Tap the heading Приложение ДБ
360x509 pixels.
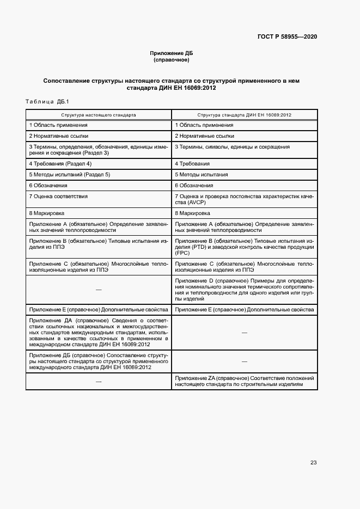[x=172, y=53]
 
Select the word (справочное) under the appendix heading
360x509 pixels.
[x=172, y=59]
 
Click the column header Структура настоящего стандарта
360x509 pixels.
[x=99, y=115]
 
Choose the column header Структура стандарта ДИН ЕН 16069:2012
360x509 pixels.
[x=244, y=115]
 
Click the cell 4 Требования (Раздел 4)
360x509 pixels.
[x=60, y=163]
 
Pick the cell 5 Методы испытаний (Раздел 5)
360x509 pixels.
[x=70, y=175]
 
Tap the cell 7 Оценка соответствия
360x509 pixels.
[x=58, y=196]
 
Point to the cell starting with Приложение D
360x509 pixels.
[x=244, y=289]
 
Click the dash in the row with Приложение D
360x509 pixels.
[x=99, y=289]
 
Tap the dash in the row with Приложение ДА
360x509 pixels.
[x=244, y=332]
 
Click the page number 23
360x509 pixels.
[x=313, y=463]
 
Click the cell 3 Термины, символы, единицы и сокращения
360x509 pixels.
[x=232, y=147]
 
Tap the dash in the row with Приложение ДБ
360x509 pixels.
[x=244, y=361]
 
